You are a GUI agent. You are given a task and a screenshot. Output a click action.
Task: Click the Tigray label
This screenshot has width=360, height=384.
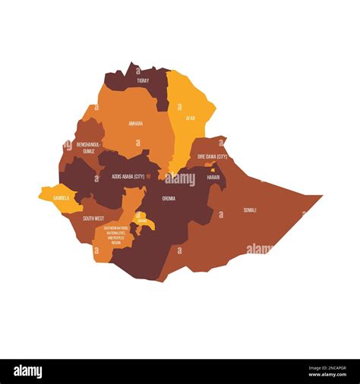[x=143, y=80]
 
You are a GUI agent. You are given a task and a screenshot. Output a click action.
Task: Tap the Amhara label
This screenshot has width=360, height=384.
[x=135, y=123]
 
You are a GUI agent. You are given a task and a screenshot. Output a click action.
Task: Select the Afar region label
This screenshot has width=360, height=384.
[x=191, y=118]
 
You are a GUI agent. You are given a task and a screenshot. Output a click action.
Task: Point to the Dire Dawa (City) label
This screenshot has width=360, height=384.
[x=213, y=156]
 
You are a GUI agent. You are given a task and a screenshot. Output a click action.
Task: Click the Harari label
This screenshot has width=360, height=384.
[x=213, y=177]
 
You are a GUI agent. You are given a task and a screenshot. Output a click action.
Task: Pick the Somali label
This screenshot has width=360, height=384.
[x=250, y=209]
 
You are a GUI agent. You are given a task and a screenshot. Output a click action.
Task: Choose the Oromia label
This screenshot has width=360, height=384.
[x=169, y=198]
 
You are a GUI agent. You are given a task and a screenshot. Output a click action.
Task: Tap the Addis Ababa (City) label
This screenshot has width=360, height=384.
[x=128, y=176]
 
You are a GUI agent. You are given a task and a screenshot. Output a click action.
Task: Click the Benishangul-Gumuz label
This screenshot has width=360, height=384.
[x=89, y=146]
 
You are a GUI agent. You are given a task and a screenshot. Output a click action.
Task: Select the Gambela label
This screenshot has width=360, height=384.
[x=62, y=197]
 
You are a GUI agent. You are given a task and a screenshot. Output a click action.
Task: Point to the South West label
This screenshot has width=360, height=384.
[x=93, y=219]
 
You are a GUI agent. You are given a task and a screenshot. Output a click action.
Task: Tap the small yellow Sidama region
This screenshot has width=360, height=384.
[x=144, y=222]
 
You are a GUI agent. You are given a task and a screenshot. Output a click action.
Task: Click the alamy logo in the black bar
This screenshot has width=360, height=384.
[x=28, y=372]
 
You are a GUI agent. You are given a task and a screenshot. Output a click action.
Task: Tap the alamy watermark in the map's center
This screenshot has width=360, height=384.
[x=181, y=179]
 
